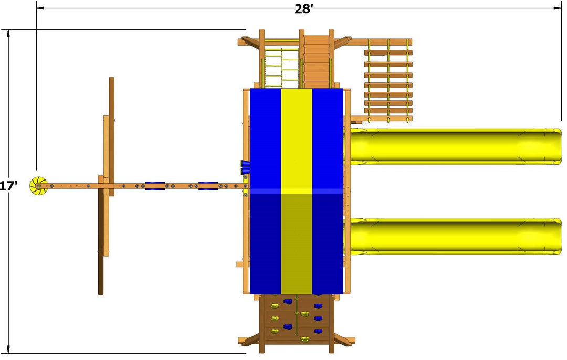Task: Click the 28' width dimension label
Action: point(303,9)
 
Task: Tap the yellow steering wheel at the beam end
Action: point(38,186)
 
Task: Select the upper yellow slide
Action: point(455,146)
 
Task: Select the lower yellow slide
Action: point(455,237)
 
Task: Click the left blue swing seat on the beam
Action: point(155,186)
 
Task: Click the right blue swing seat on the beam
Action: point(208,186)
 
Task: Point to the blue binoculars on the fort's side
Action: point(245,167)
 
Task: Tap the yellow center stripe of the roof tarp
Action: point(296,191)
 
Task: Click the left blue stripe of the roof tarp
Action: point(266,191)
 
